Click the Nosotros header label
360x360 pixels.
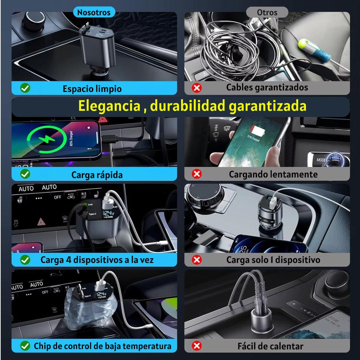[x=94, y=13]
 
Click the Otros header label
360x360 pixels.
[x=267, y=13]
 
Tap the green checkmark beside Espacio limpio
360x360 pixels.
[x=25, y=88]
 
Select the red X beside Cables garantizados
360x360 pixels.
[x=197, y=88]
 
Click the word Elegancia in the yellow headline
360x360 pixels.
[x=109, y=106]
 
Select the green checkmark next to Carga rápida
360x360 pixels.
[x=25, y=174]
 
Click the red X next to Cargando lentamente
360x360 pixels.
[x=197, y=174]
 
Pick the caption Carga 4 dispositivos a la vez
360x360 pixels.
[x=97, y=260]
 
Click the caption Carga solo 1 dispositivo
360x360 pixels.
[x=273, y=260]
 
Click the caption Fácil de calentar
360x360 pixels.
[x=270, y=346]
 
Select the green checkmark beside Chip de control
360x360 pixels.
[x=25, y=346]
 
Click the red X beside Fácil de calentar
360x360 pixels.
[x=197, y=346]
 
